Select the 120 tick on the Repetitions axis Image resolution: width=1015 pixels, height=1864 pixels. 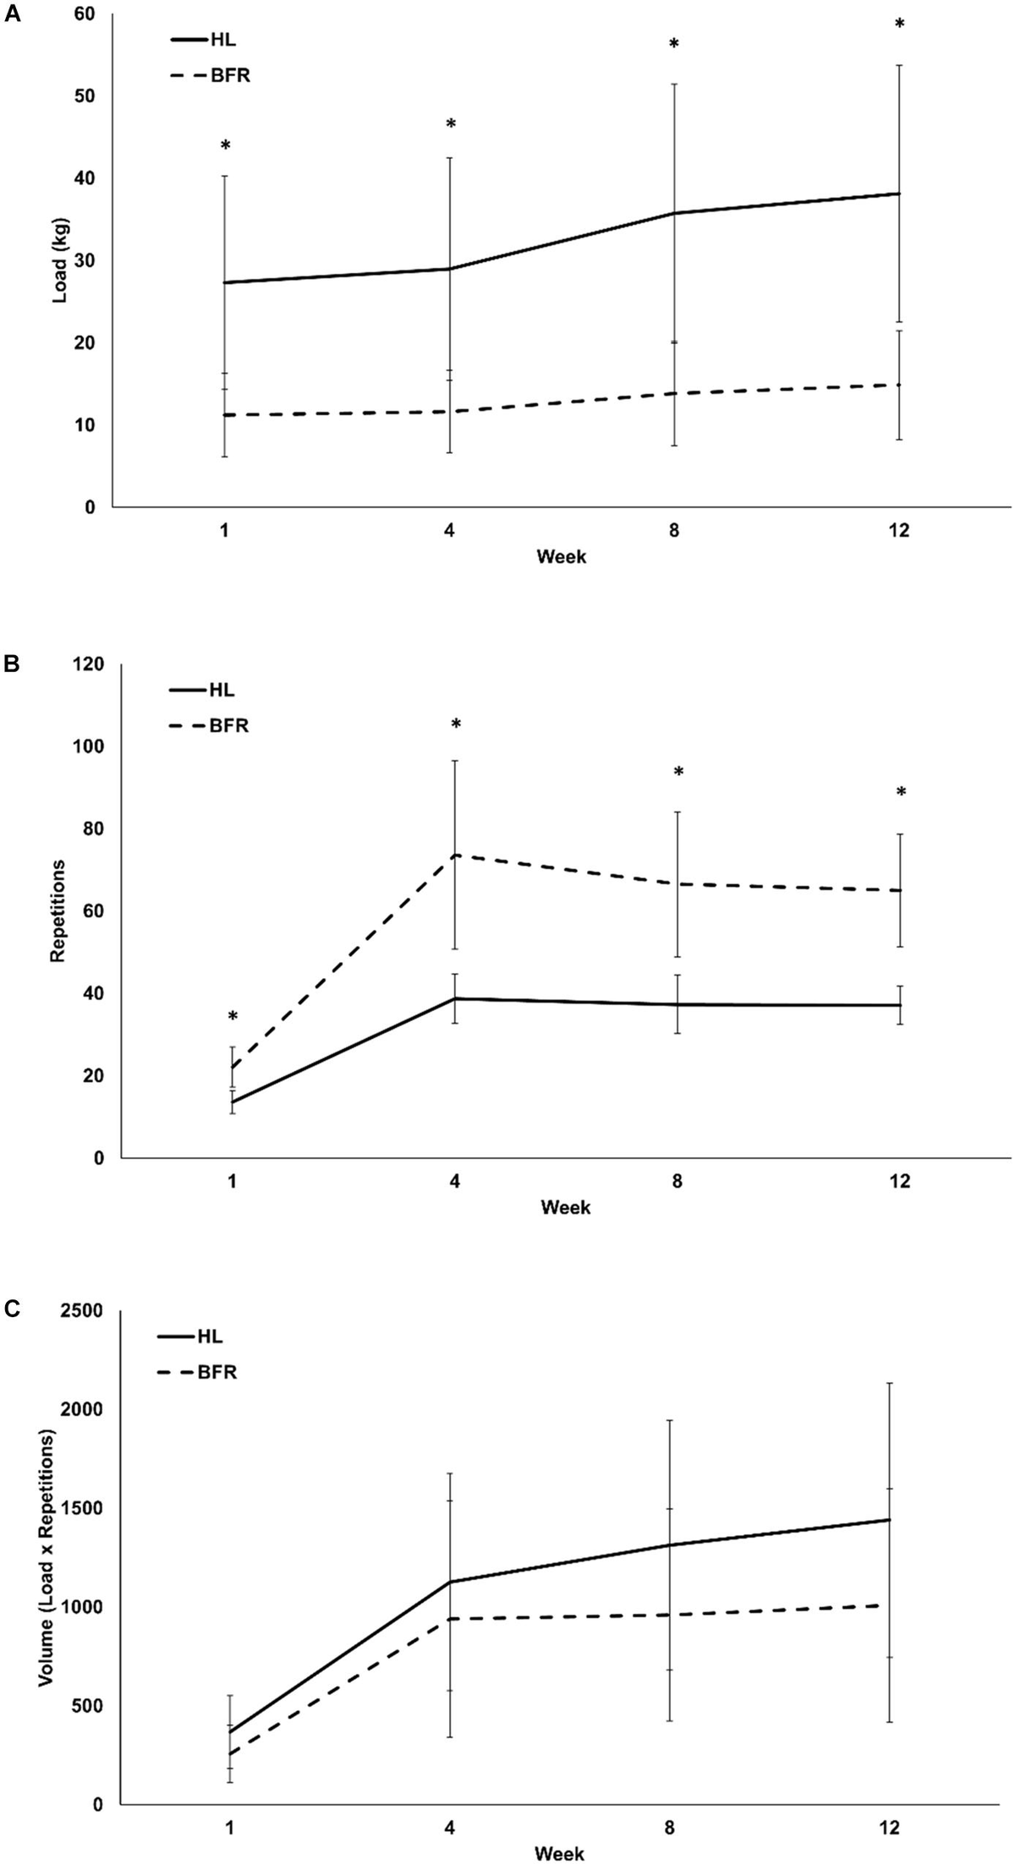pyautogui.click(x=83, y=665)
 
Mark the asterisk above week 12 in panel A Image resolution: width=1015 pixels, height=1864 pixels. pyautogui.click(x=899, y=25)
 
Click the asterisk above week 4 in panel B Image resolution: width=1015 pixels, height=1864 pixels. pyautogui.click(x=456, y=724)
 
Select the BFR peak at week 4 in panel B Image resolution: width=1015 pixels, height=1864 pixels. pyautogui.click(x=455, y=855)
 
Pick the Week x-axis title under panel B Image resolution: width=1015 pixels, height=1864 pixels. pyautogui.click(x=566, y=1207)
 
